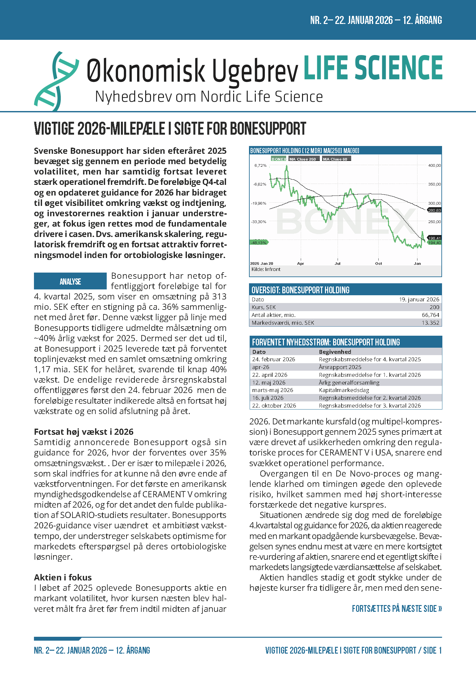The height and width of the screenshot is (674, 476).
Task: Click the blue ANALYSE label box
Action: click(x=70, y=281)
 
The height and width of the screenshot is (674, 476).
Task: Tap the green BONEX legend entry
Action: click(x=279, y=159)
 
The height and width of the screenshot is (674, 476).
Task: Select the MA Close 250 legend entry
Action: click(x=303, y=159)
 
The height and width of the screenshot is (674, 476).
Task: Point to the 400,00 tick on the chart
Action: click(x=434, y=165)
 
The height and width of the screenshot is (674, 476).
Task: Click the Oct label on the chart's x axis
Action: click(x=378, y=264)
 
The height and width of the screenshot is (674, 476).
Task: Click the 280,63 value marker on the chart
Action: click(x=434, y=210)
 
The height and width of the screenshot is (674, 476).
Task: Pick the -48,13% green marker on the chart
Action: click(x=259, y=242)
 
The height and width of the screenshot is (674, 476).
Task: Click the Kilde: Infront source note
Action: click(x=266, y=269)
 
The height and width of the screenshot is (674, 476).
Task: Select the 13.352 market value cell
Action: click(x=430, y=323)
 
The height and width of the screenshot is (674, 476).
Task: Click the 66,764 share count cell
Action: click(x=430, y=315)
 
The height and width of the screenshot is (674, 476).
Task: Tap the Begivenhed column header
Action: click(x=335, y=352)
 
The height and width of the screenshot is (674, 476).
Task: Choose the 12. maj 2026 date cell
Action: click(x=269, y=383)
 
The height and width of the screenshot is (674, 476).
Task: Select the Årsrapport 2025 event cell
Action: click(x=340, y=367)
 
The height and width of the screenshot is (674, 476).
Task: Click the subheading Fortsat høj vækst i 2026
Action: click(x=84, y=432)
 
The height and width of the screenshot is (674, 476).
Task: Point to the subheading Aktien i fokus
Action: click(x=63, y=578)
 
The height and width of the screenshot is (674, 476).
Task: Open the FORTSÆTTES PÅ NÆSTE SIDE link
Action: click(x=397, y=609)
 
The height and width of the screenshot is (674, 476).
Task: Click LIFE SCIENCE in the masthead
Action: click(x=373, y=68)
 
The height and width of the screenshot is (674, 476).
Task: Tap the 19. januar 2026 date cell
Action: click(x=419, y=299)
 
